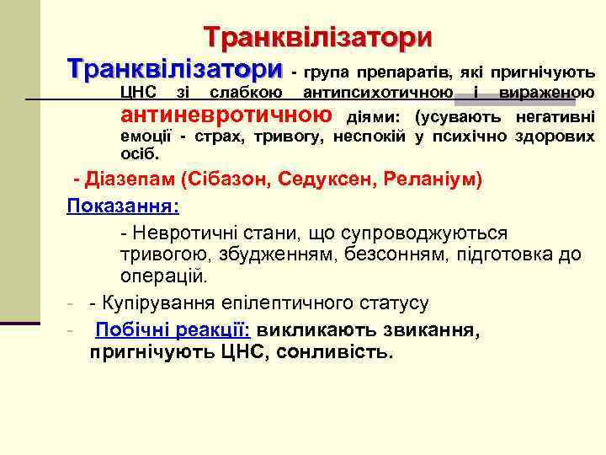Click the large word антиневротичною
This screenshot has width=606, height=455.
coord(226,115)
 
